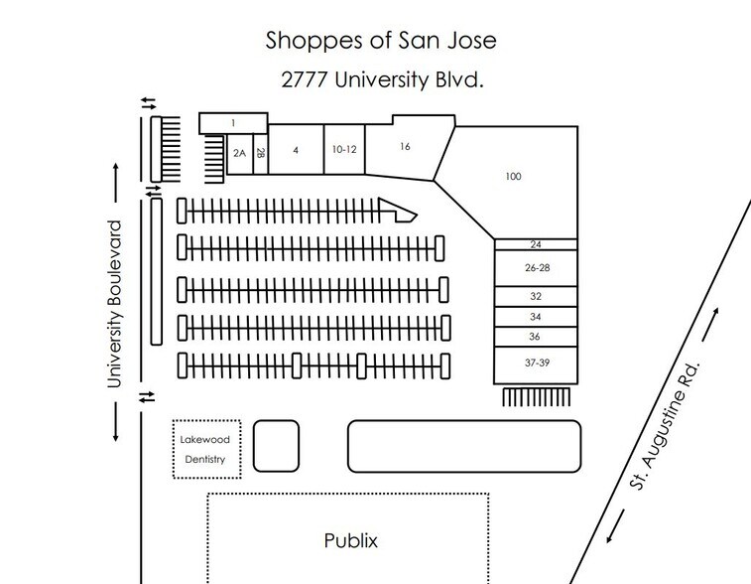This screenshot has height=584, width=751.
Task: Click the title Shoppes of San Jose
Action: pos(381,41)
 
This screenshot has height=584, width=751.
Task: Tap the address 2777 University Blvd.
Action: pos(382,79)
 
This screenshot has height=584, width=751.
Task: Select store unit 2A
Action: pos(239,153)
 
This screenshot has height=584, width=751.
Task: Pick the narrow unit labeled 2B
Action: pos(261,153)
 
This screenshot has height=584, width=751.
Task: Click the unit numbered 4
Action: pos(296,150)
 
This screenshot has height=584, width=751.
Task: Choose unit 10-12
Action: pos(344,150)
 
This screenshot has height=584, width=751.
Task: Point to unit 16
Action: pos(405,147)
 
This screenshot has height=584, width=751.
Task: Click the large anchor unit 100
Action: pos(513,177)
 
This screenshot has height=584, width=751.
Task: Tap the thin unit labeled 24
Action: pos(536,244)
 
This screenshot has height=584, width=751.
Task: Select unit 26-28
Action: pos(537,268)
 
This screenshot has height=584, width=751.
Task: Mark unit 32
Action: pos(536,296)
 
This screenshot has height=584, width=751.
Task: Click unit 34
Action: pos(536,317)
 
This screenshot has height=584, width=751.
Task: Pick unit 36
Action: pos(536,337)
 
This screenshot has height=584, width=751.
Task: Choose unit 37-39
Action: pos(537,363)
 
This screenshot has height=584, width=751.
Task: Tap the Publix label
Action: pos(350,541)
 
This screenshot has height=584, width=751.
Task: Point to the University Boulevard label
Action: pos(114,304)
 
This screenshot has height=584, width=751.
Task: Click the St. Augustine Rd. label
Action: pos(665,425)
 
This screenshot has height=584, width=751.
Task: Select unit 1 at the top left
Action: pos(233,123)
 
